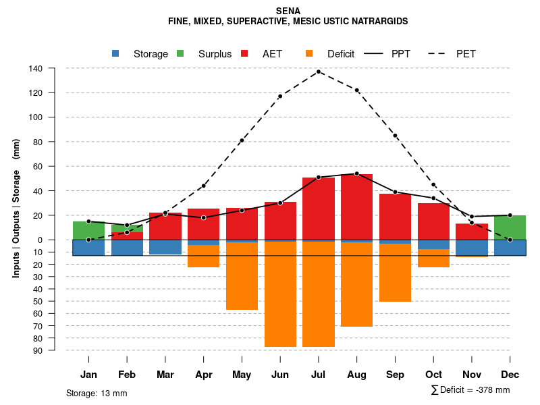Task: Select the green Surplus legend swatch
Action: (180, 54)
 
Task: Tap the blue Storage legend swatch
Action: (115, 54)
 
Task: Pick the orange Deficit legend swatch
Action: (309, 54)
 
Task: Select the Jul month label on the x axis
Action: (319, 375)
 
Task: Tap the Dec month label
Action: (510, 375)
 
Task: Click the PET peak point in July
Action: (319, 71)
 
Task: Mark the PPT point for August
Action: (357, 173)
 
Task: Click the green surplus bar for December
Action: (510, 227)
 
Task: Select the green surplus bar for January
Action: (88, 230)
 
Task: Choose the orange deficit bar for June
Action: (280, 294)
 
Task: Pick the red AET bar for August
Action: (357, 207)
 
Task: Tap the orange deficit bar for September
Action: (396, 273)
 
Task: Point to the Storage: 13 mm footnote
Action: (97, 393)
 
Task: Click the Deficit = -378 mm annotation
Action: (470, 389)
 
